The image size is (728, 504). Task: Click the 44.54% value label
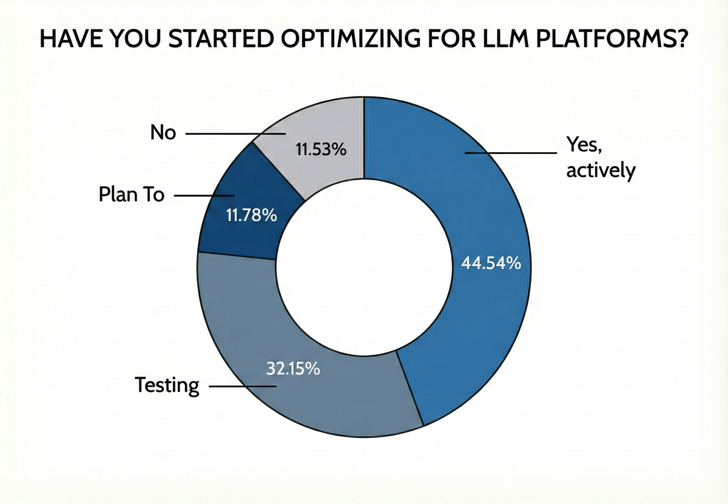(x=490, y=264)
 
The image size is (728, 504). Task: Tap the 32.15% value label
(x=293, y=368)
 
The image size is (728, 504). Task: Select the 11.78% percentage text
(x=251, y=215)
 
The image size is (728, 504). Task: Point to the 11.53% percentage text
(x=321, y=149)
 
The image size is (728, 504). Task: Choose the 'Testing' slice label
(x=167, y=385)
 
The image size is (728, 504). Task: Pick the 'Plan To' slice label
(x=131, y=195)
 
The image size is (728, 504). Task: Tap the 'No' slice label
(x=163, y=132)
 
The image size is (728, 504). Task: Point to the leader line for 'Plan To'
(x=204, y=195)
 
